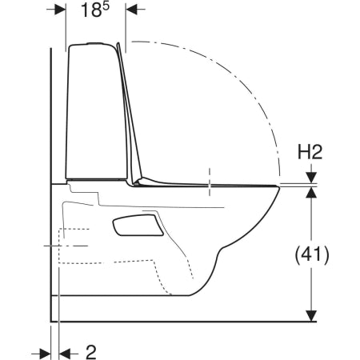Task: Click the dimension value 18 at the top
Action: click(x=91, y=10)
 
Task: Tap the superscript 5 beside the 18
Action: click(x=106, y=6)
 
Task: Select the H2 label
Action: click(x=310, y=153)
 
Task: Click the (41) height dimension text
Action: click(x=312, y=255)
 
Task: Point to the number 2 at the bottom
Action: click(x=91, y=352)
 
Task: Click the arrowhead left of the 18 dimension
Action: click(x=60, y=10)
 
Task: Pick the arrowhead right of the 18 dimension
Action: click(x=131, y=10)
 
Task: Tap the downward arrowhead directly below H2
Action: click(x=311, y=178)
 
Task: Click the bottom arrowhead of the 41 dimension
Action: click(x=311, y=316)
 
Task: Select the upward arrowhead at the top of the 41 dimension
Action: click(x=311, y=193)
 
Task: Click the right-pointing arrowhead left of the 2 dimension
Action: click(x=46, y=354)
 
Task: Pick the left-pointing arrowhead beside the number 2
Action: click(x=64, y=354)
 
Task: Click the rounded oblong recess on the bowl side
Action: click(x=138, y=226)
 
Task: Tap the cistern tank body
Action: click(x=97, y=112)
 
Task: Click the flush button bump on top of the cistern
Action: click(x=95, y=43)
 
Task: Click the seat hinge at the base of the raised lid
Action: click(x=137, y=182)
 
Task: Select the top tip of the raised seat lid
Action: click(x=118, y=43)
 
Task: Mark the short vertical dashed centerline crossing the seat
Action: click(x=210, y=182)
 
